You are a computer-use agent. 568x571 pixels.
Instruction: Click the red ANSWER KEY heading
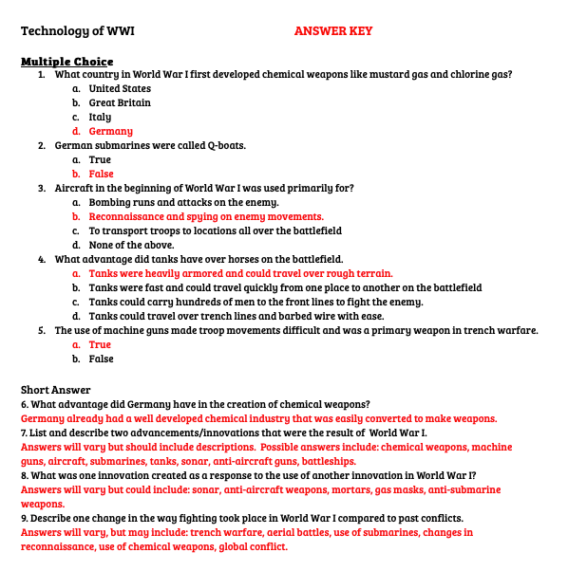point(332,31)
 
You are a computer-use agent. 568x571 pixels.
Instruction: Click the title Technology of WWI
point(78,31)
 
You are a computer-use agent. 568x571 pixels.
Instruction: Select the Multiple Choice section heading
point(67,61)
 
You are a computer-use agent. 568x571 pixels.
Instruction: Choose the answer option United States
point(120,88)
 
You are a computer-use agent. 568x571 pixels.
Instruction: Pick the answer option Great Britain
point(120,102)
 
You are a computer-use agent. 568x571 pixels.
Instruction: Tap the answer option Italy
point(100,117)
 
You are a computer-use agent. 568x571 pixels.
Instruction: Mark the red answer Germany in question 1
point(110,131)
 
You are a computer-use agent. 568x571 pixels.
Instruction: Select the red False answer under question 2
point(101,174)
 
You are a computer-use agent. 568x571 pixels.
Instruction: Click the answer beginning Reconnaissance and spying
point(206,216)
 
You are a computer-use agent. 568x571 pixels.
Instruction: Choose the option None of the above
point(131,245)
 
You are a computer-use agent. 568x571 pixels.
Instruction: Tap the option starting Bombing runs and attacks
point(183,202)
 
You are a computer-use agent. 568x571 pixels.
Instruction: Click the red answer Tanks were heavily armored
point(240,273)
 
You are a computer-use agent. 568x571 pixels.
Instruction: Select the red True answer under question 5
point(100,344)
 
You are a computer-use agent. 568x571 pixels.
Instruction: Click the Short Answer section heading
point(55,389)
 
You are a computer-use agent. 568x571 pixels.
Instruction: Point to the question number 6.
point(25,404)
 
